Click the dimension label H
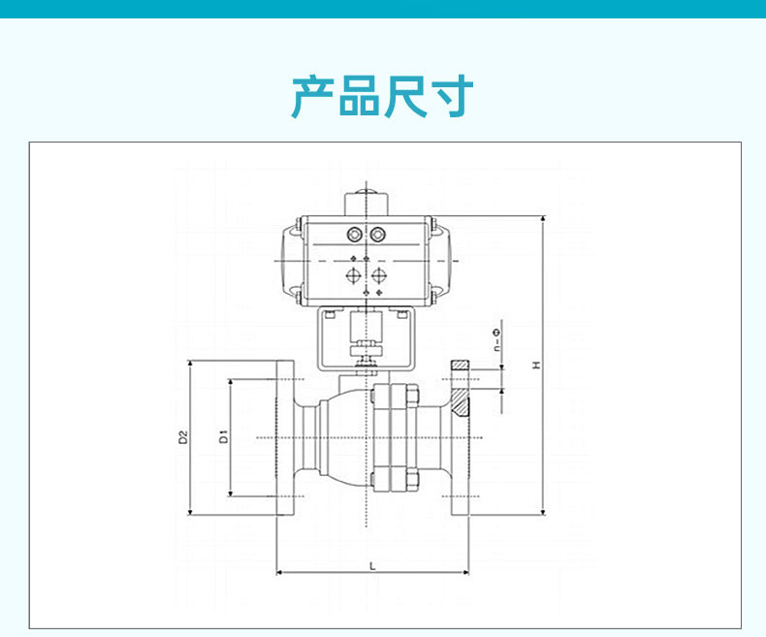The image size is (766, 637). click(x=537, y=365)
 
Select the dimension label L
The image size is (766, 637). click(x=372, y=566)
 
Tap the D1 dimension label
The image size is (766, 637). click(x=224, y=436)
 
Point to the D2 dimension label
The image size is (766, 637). click(x=183, y=436)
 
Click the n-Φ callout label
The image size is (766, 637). click(x=496, y=340)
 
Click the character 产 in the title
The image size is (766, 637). click(x=312, y=96)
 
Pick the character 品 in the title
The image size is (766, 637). click(x=359, y=96)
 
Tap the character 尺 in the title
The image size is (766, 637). click(x=405, y=96)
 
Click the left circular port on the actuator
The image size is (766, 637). click(x=355, y=235)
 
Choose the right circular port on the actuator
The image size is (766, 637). click(x=377, y=235)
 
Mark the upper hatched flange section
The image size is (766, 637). click(x=460, y=366)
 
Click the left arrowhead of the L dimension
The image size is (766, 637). click(x=277, y=572)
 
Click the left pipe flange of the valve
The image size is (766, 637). click(x=286, y=437)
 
